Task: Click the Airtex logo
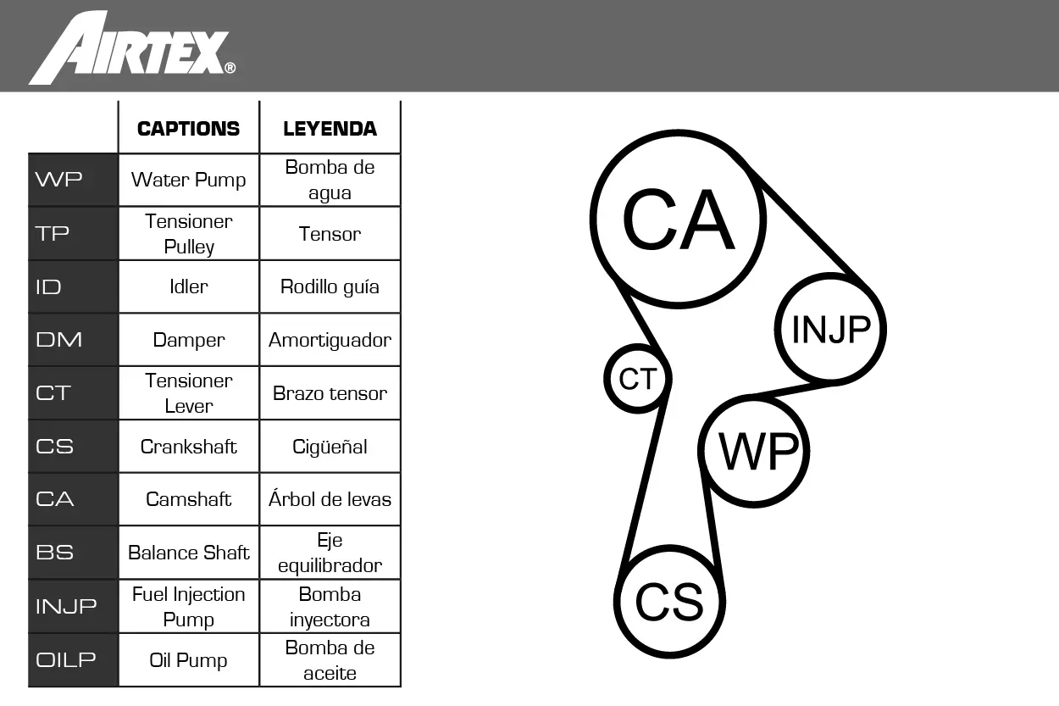pos(132,47)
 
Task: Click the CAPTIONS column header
pos(189,129)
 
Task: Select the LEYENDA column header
pos(330,129)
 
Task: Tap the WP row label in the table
pos(58,179)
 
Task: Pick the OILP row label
pos(66,659)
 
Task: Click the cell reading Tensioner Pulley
pos(189,234)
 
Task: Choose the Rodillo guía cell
pos(330,287)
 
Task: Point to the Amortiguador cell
pos(330,341)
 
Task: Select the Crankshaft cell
pos(189,447)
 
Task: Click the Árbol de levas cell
pos(330,499)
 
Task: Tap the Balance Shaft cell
pos(189,553)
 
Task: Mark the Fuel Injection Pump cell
pos(189,607)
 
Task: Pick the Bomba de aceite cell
pos(330,660)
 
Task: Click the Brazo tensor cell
pos(330,393)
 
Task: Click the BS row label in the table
pos(54,553)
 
